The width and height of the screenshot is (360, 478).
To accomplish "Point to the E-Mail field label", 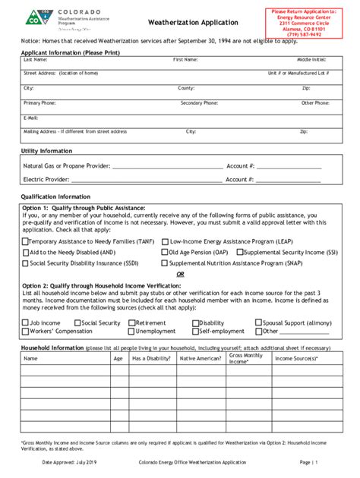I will [31, 118].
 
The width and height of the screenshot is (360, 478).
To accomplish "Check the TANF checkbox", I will [25, 241].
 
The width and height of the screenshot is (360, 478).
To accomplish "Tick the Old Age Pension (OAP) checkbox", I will [164, 252].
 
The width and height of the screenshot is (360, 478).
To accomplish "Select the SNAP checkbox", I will [164, 263].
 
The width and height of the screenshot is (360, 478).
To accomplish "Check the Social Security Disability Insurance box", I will [25, 263].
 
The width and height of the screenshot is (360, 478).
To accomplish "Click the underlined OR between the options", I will [180, 273].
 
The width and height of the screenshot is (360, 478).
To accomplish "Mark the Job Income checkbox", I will [25, 322].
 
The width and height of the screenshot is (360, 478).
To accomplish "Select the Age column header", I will [118, 359].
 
